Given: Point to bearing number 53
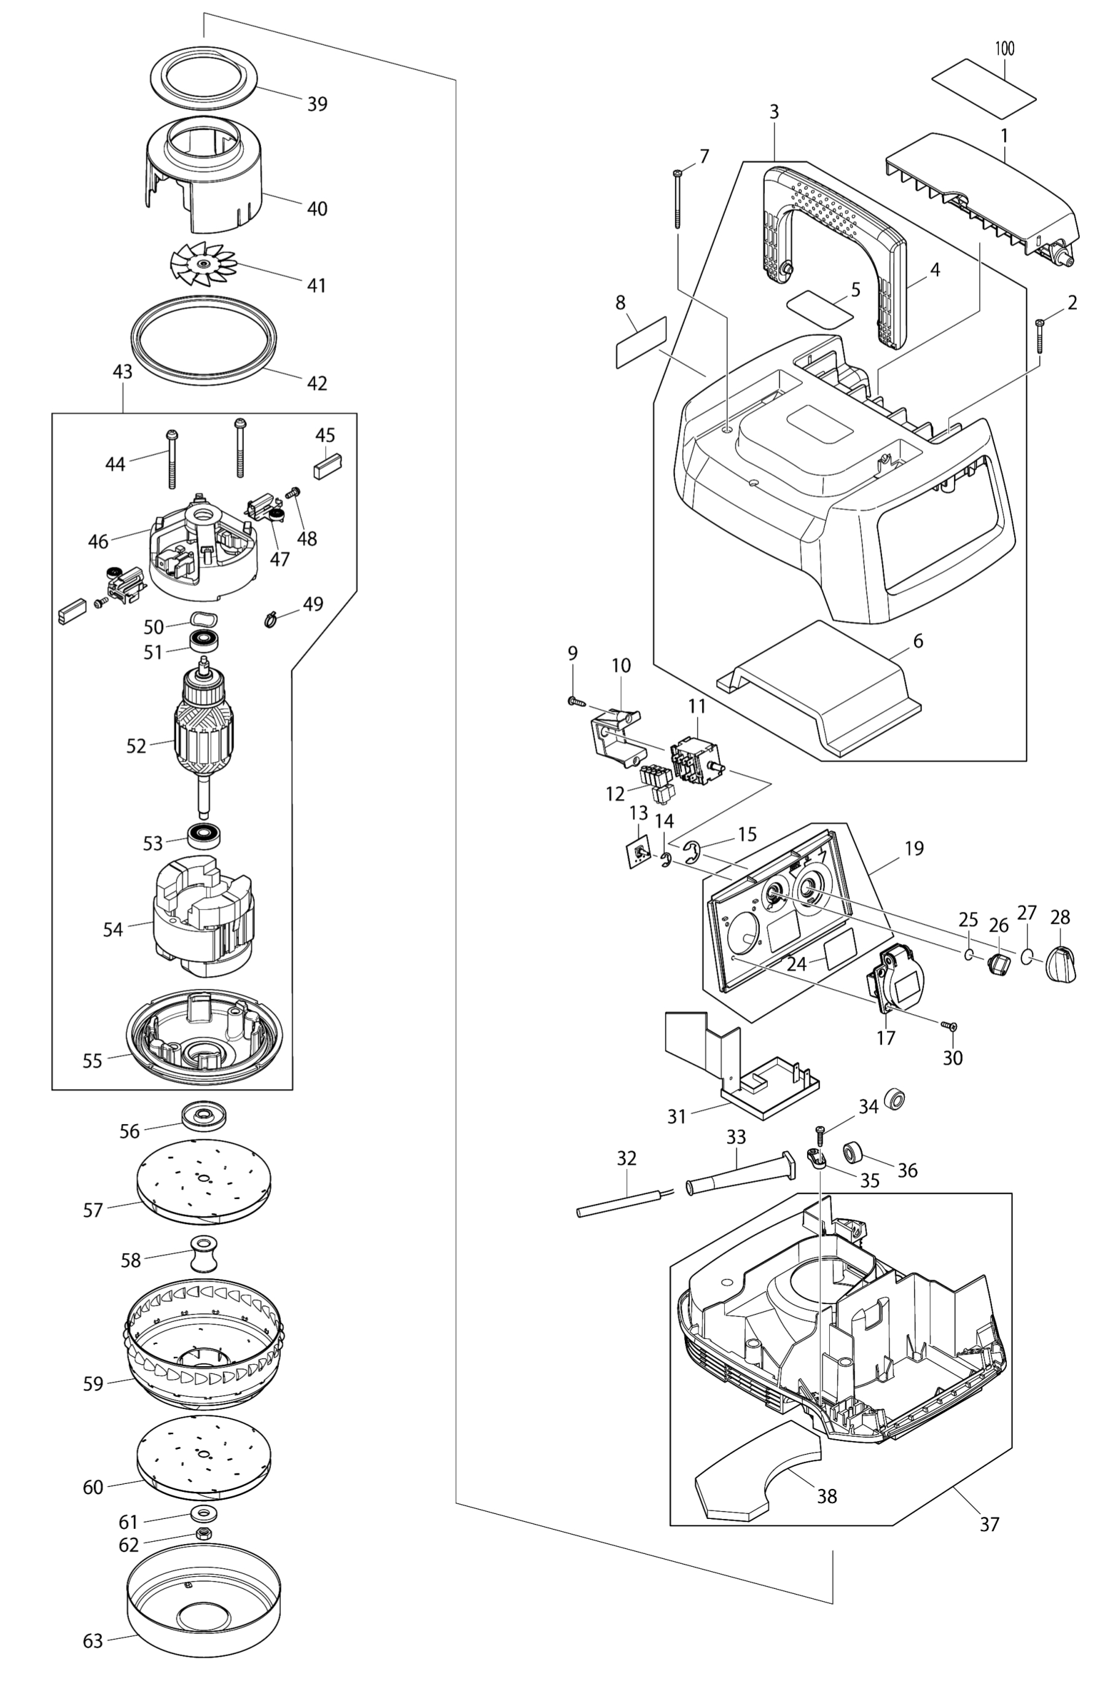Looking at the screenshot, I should (x=204, y=834).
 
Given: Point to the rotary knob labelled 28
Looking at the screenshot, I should (x=1061, y=963).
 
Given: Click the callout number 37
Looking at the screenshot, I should (x=989, y=1524).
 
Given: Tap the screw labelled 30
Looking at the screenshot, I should (x=950, y=1026).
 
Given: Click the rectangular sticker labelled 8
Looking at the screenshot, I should (x=640, y=343).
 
